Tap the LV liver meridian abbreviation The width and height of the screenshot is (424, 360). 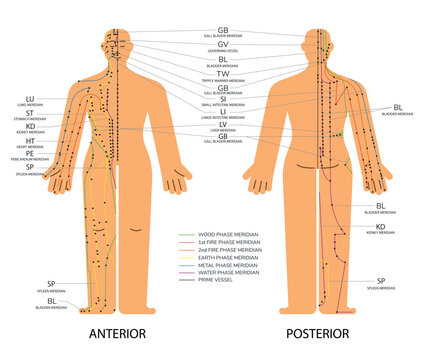point(223,125)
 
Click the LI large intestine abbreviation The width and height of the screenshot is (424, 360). point(223,112)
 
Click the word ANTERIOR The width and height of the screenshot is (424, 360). point(118,333)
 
